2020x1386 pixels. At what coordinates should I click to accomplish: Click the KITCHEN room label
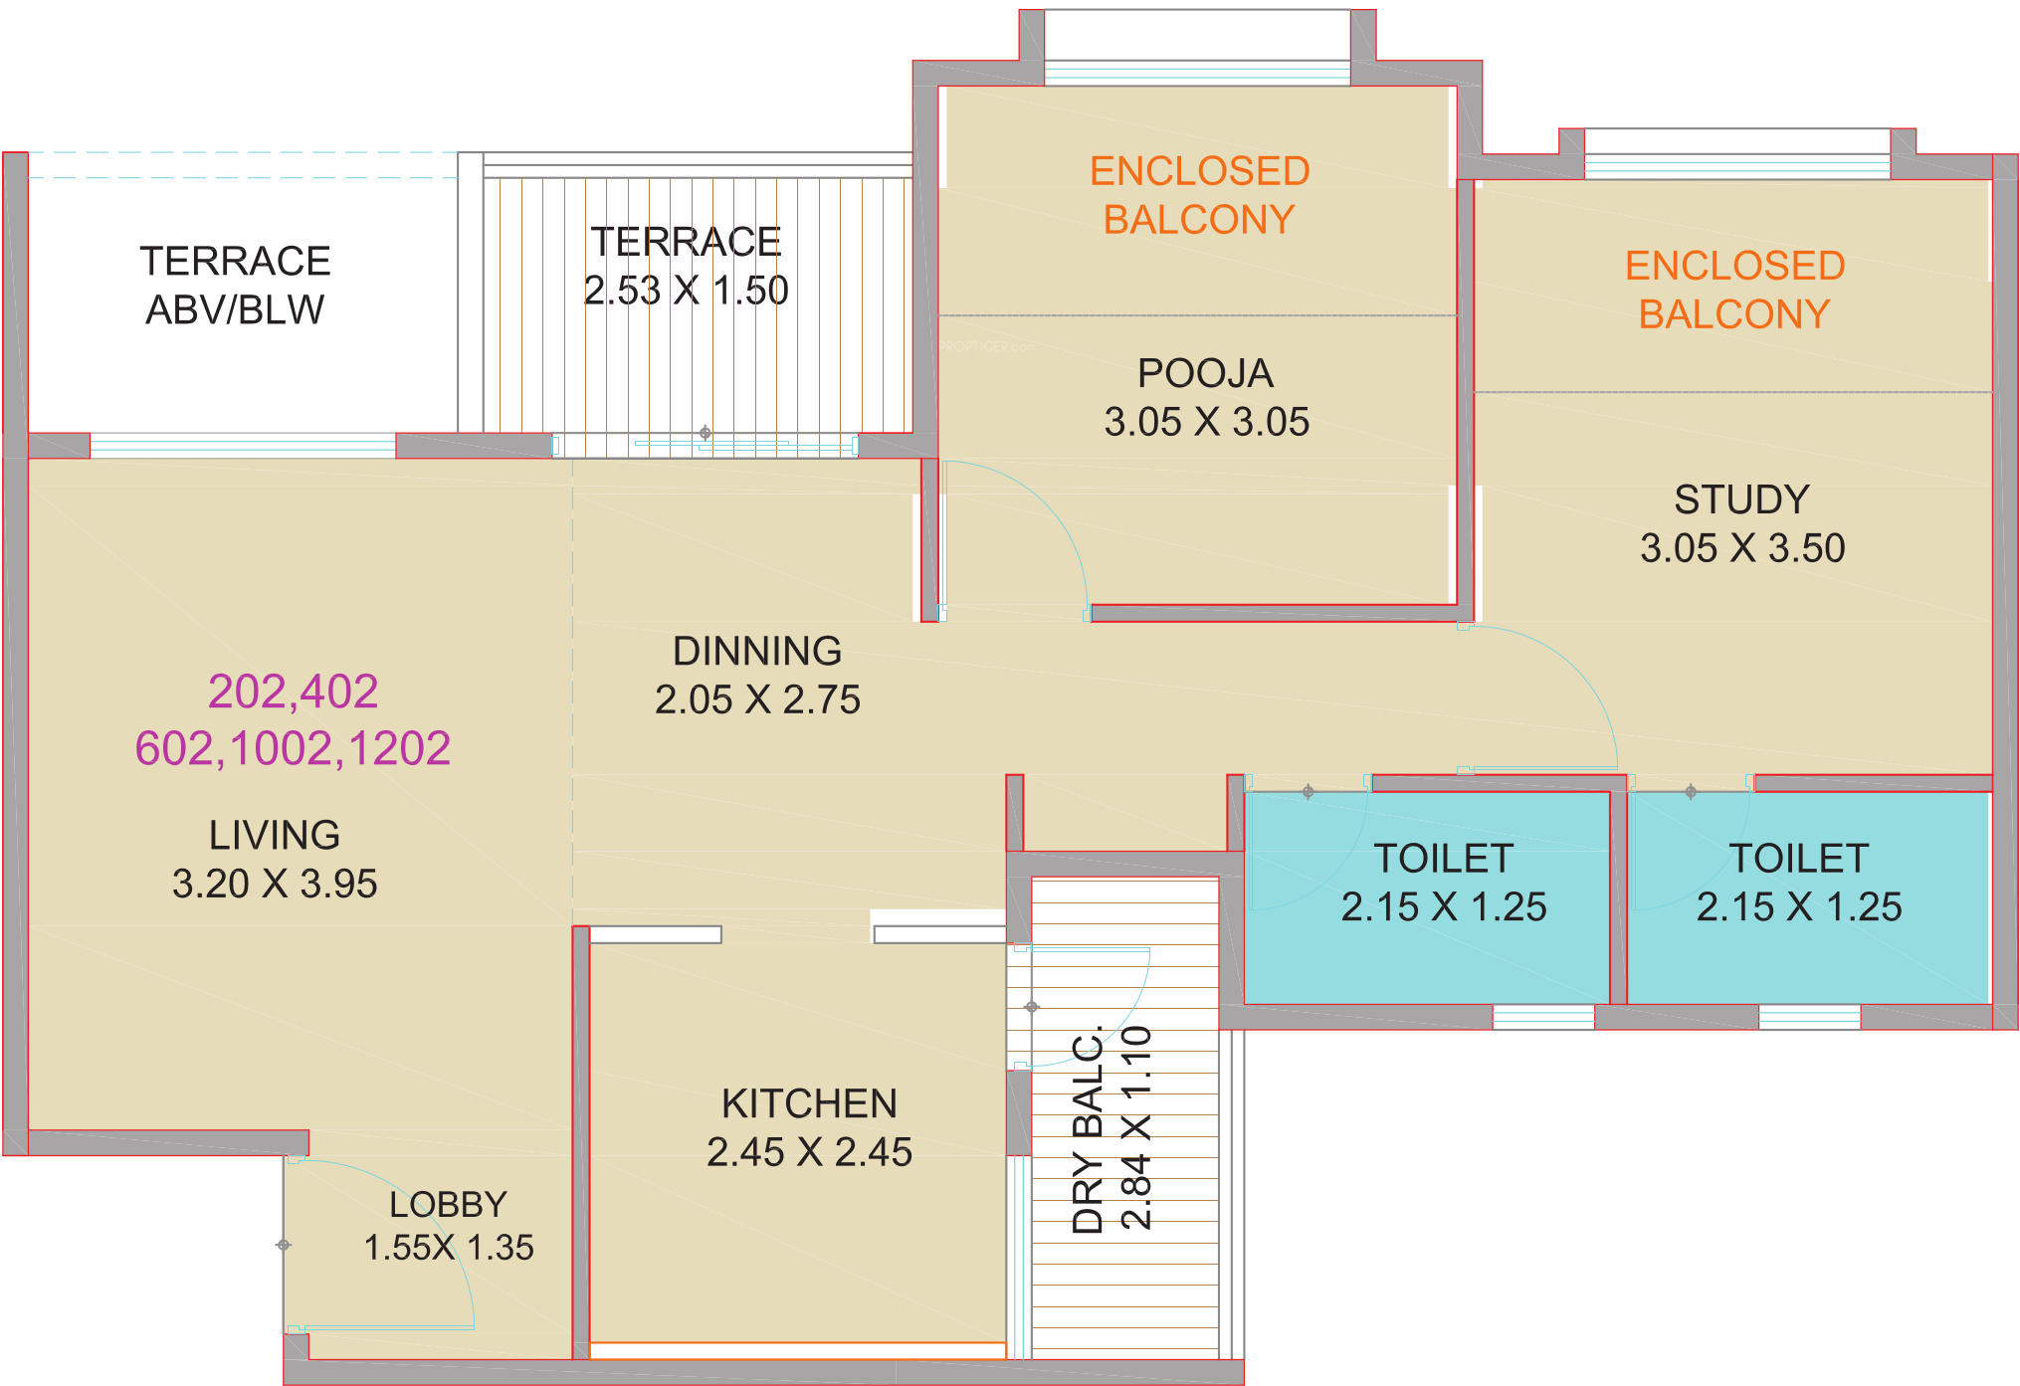point(809,1103)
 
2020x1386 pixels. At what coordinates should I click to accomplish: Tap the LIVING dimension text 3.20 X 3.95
point(275,884)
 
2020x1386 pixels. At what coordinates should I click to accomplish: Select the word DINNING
point(757,651)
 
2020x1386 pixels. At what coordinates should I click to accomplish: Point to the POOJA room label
point(1205,373)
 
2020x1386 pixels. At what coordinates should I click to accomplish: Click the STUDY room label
point(1741,499)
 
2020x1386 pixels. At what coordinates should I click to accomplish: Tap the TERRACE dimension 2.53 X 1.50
point(686,291)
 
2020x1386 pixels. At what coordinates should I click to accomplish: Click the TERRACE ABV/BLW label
point(235,286)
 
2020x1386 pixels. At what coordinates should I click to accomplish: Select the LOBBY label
point(448,1205)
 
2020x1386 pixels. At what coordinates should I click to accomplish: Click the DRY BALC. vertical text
point(1088,1129)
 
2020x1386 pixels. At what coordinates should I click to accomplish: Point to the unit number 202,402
point(293,692)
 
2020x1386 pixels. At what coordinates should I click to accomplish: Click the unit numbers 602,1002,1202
point(293,748)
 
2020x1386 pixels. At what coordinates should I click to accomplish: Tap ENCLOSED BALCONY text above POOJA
point(1199,195)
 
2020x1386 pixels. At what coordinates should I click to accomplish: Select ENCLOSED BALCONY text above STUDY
point(1734,290)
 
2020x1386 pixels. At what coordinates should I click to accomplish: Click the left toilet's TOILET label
point(1444,858)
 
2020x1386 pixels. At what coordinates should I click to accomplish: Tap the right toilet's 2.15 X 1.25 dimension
point(1799,906)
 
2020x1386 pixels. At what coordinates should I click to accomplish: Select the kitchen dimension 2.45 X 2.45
point(809,1152)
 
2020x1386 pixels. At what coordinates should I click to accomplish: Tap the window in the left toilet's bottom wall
point(1543,1017)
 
